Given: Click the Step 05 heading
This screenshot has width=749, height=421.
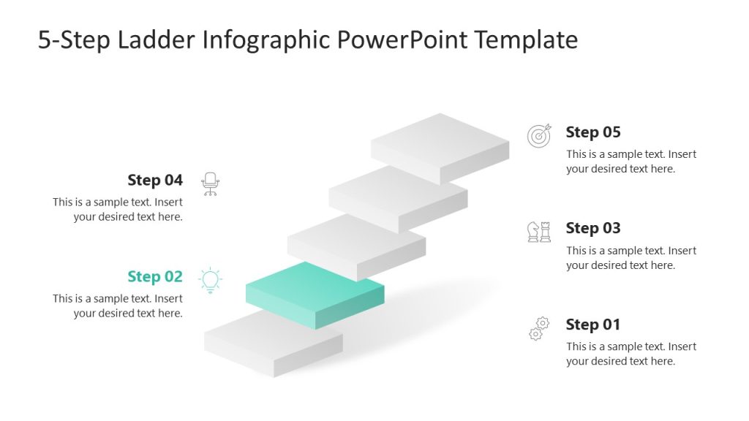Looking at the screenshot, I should (x=592, y=132).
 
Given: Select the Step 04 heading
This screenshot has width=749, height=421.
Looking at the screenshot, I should (x=155, y=181).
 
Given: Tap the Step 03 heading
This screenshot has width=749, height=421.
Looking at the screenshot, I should (x=592, y=228).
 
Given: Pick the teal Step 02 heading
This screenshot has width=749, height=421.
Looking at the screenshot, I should (x=155, y=276).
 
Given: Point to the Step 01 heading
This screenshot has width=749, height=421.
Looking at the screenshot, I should (x=592, y=325).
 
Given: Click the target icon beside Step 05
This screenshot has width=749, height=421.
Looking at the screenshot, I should (x=539, y=136).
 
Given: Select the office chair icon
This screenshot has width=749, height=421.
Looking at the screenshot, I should (x=211, y=183).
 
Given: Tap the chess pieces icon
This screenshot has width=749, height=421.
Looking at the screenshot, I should (x=539, y=232).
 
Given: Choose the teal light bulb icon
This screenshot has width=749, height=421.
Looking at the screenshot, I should (x=211, y=280).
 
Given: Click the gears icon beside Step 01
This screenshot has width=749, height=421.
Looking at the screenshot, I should (x=539, y=328).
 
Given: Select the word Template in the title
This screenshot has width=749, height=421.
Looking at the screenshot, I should (x=526, y=39).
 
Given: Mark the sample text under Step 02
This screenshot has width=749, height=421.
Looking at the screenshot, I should (x=118, y=306).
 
